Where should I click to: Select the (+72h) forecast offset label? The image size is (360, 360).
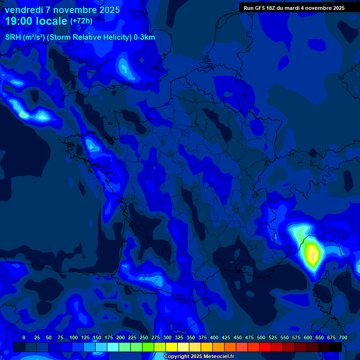[x=81, y=21]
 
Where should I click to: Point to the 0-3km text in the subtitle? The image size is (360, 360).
[x=144, y=37]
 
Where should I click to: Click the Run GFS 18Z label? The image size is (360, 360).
[x=259, y=8]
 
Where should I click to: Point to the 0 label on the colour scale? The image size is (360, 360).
[x=24, y=337]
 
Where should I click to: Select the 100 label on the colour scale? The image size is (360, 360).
[x=74, y=337]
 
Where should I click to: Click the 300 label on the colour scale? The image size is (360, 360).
[x=167, y=337]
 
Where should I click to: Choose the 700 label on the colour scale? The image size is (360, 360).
[x=343, y=337]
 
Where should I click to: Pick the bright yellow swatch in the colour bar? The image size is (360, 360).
[x=172, y=347]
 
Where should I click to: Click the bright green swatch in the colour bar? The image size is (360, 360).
[x=148, y=347]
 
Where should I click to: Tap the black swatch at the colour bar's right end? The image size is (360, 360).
[x=336, y=347]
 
